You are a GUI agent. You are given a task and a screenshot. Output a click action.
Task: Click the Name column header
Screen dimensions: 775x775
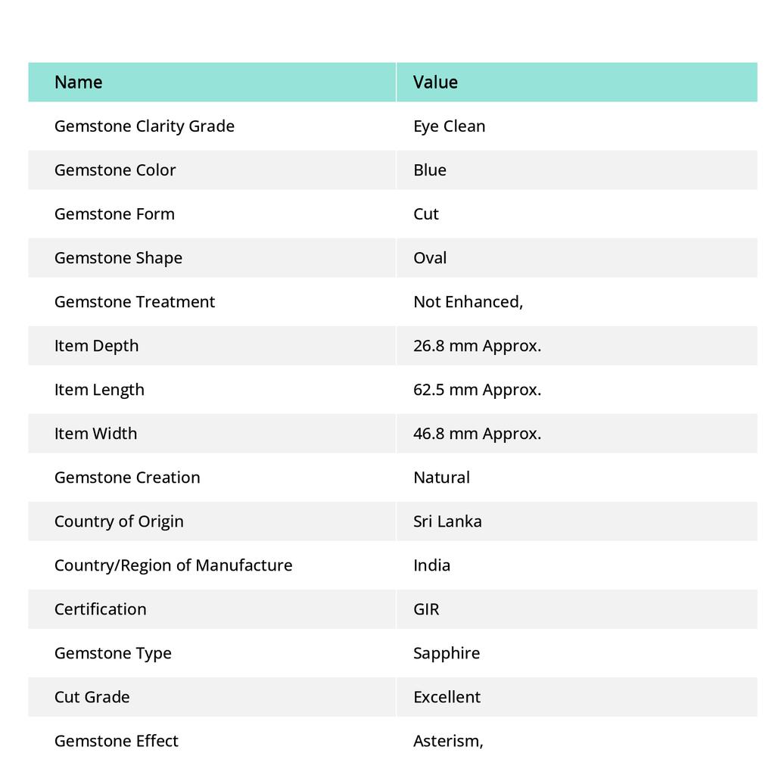point(79,82)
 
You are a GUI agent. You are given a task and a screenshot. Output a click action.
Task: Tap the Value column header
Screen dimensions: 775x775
point(435,82)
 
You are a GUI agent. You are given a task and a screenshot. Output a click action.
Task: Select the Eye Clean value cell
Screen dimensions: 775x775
point(449,126)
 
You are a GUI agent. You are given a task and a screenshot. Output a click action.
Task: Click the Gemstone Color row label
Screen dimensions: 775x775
point(115,170)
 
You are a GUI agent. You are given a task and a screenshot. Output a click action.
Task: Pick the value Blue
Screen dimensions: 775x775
point(430,170)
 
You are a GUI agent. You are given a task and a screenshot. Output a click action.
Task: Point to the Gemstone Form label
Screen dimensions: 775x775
point(114,213)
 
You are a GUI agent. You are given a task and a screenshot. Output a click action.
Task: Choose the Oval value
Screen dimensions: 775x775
point(430,257)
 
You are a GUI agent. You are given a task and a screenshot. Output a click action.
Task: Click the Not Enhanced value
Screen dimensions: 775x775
point(468,301)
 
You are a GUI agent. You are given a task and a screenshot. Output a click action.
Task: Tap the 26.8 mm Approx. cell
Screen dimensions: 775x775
point(477,345)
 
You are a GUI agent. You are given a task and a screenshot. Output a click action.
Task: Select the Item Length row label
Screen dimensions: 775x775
point(99,389)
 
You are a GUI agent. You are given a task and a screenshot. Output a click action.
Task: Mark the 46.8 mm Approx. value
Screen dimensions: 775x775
point(477,433)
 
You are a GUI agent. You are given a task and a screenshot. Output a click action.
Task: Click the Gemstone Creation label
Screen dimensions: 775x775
point(127,477)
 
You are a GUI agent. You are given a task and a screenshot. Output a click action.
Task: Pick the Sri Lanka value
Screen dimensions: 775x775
point(447,521)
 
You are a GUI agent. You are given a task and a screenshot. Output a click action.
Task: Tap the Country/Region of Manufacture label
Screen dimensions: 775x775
point(173,565)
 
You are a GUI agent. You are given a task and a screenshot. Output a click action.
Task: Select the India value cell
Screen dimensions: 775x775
point(431,565)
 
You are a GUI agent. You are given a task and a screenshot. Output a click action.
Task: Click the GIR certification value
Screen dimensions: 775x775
point(426,608)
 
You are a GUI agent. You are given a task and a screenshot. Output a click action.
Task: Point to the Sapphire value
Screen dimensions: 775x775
point(447,652)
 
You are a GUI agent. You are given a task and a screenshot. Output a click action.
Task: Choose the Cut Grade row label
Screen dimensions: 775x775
point(92,696)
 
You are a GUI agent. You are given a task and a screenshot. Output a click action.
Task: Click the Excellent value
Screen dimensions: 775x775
point(447,696)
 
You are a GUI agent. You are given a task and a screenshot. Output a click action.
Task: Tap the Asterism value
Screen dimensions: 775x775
point(448,740)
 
